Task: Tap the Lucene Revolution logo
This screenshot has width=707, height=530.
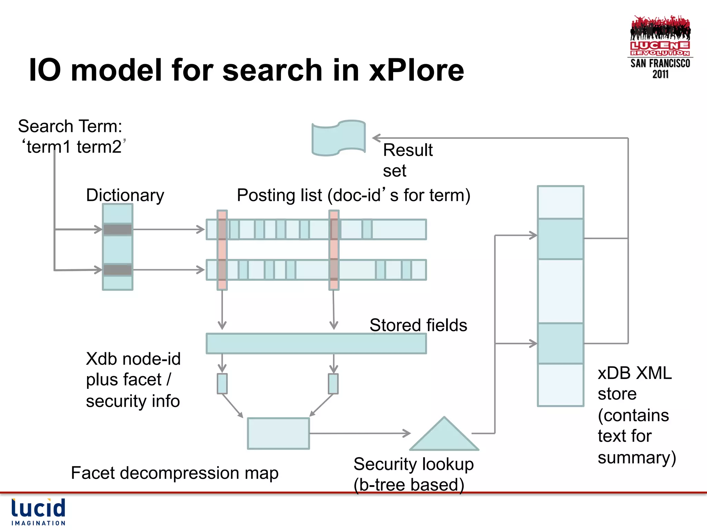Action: [x=660, y=47]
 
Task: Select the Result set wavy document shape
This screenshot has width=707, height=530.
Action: [x=338, y=138]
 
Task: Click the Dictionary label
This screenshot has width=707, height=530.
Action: [x=125, y=195]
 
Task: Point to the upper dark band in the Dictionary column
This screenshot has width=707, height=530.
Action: [x=117, y=229]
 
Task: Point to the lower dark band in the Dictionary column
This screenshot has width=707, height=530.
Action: [x=117, y=269]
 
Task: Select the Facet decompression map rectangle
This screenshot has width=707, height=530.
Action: [x=278, y=433]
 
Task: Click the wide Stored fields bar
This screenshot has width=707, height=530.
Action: [x=316, y=343]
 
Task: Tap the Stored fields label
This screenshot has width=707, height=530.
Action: [x=418, y=325]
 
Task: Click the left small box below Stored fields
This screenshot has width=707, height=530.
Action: [x=222, y=383]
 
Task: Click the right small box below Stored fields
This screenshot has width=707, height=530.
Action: [x=333, y=383]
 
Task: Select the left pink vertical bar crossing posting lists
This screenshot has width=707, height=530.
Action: [x=222, y=250]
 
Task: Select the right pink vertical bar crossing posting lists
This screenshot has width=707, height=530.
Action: [x=334, y=250]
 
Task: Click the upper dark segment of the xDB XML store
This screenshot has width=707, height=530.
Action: [x=560, y=239]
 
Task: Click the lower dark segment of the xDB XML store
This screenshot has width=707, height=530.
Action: [x=560, y=343]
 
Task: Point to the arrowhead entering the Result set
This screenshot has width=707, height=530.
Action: [x=376, y=138]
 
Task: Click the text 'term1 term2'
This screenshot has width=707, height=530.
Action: [x=74, y=147]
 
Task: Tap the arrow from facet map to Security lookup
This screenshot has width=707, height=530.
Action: [x=359, y=433]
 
